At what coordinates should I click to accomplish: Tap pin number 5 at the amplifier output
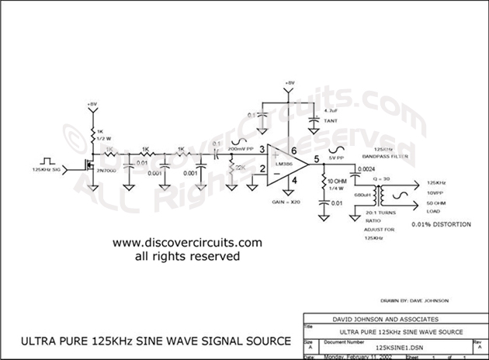tap(316, 158)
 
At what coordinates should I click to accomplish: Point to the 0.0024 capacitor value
tap(366, 169)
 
